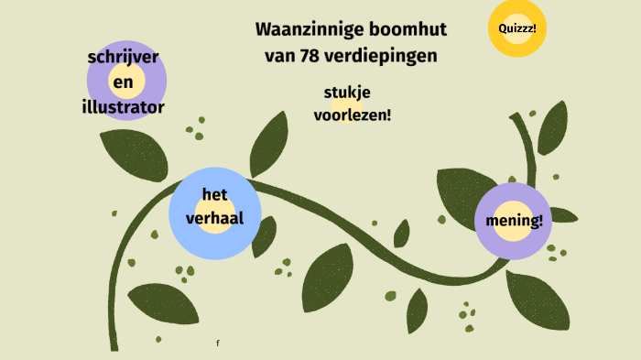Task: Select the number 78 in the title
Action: pyautogui.click(x=309, y=55)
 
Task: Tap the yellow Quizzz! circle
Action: pyautogui.click(x=517, y=28)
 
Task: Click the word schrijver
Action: pyautogui.click(x=124, y=57)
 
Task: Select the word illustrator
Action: pyautogui.click(x=124, y=107)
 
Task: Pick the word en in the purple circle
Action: pyautogui.click(x=124, y=82)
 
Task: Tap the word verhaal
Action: pyautogui.click(x=214, y=217)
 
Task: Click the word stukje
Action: pyautogui.click(x=347, y=92)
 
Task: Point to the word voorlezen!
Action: pyautogui.click(x=353, y=115)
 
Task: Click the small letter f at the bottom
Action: pyautogui.click(x=218, y=343)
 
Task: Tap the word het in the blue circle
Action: pyautogui.click(x=214, y=194)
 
